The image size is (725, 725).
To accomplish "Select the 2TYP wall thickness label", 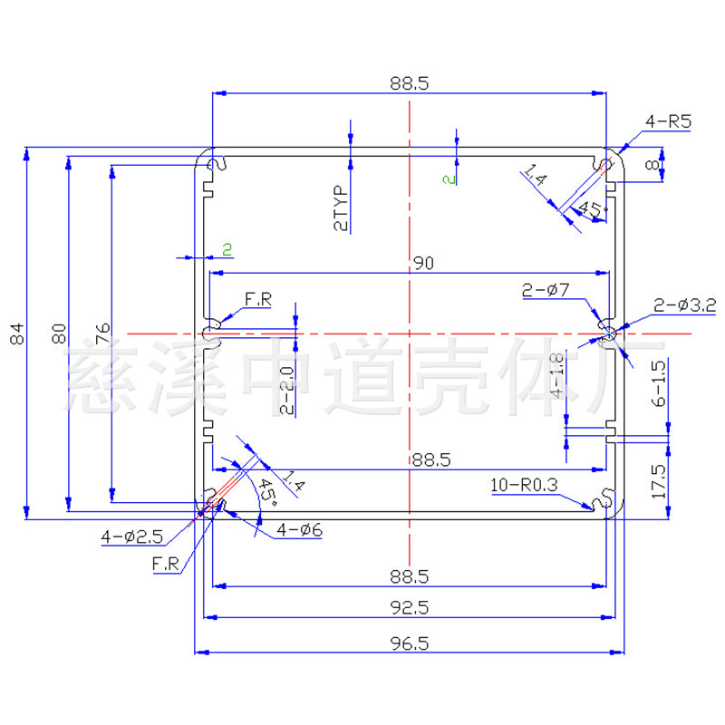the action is (341, 209).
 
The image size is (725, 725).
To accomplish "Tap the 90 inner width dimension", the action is (422, 263).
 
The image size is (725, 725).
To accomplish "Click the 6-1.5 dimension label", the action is (659, 384).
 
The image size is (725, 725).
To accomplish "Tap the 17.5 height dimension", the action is (659, 483).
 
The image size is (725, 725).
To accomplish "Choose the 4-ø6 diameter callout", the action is (300, 529).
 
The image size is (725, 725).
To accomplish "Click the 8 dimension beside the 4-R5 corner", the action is (651, 165).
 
